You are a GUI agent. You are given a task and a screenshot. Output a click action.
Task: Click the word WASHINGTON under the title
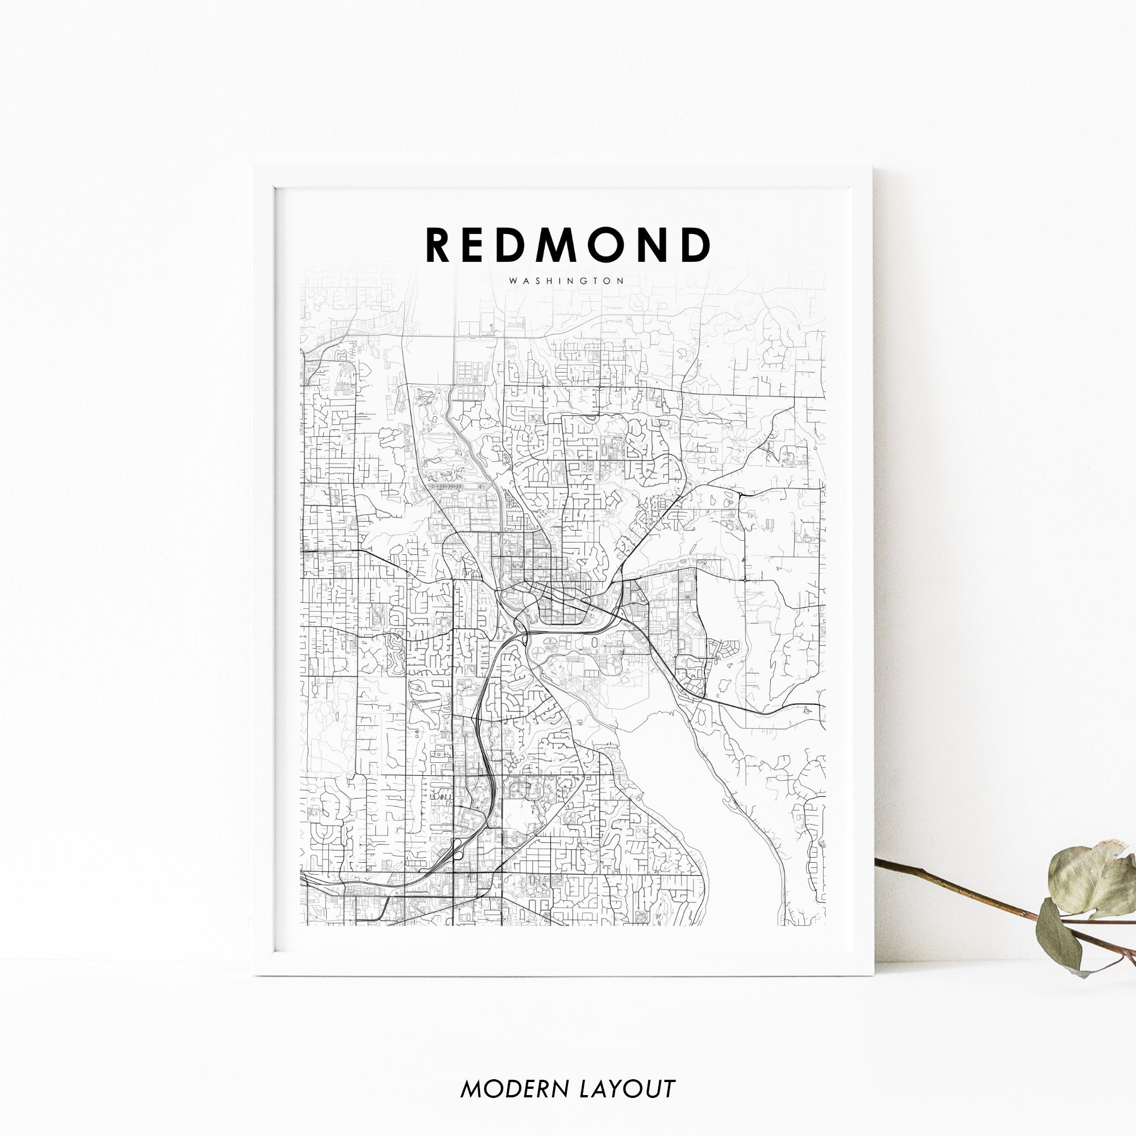pyautogui.click(x=567, y=281)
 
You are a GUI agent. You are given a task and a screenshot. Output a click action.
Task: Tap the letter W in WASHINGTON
pyautogui.click(x=513, y=281)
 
